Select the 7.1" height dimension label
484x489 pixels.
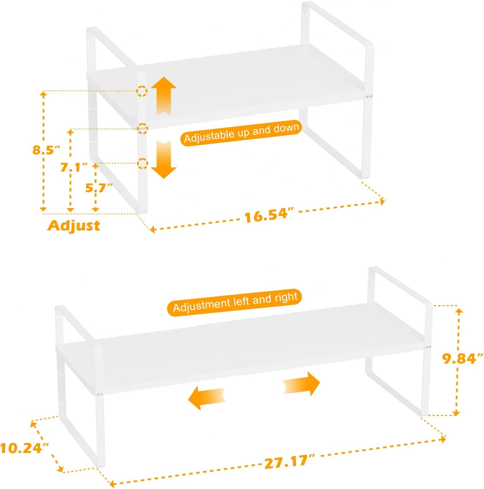(74, 167)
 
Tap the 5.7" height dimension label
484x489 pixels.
(99, 188)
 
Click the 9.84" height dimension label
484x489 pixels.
(462, 358)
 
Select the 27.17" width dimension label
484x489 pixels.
(289, 462)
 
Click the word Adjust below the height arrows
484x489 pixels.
(74, 225)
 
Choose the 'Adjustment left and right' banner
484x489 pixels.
(234, 303)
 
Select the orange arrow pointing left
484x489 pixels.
(207, 398)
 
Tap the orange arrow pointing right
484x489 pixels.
(302, 383)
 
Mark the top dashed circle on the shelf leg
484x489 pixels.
(142, 91)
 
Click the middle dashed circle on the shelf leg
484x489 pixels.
(143, 128)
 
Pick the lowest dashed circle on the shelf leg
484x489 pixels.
(143, 163)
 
